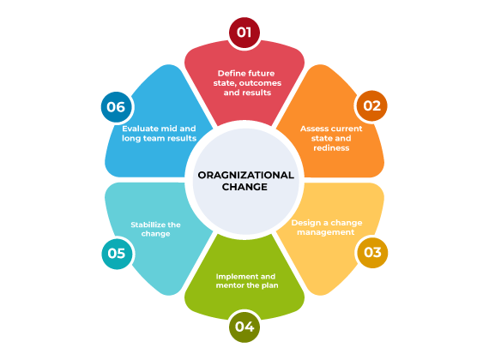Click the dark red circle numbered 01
click(x=244, y=33)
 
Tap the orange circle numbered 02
click(x=371, y=106)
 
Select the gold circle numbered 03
click(x=372, y=253)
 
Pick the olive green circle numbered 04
click(x=244, y=327)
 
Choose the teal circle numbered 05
click(x=117, y=254)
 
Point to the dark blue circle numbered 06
click(x=116, y=107)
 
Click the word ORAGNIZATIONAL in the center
click(x=245, y=175)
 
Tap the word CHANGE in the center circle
click(x=244, y=187)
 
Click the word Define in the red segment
click(x=230, y=73)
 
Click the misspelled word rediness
click(x=331, y=148)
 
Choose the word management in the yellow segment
click(x=326, y=232)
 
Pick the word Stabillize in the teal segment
click(x=148, y=225)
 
